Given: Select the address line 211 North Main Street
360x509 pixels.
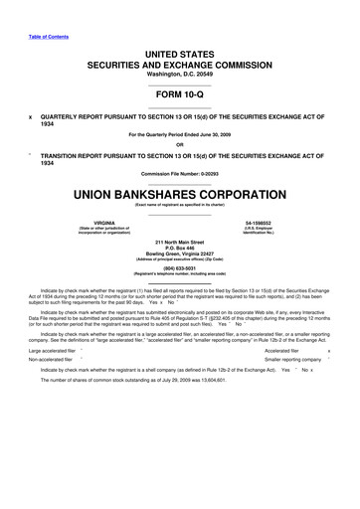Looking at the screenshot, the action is (x=180, y=242).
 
